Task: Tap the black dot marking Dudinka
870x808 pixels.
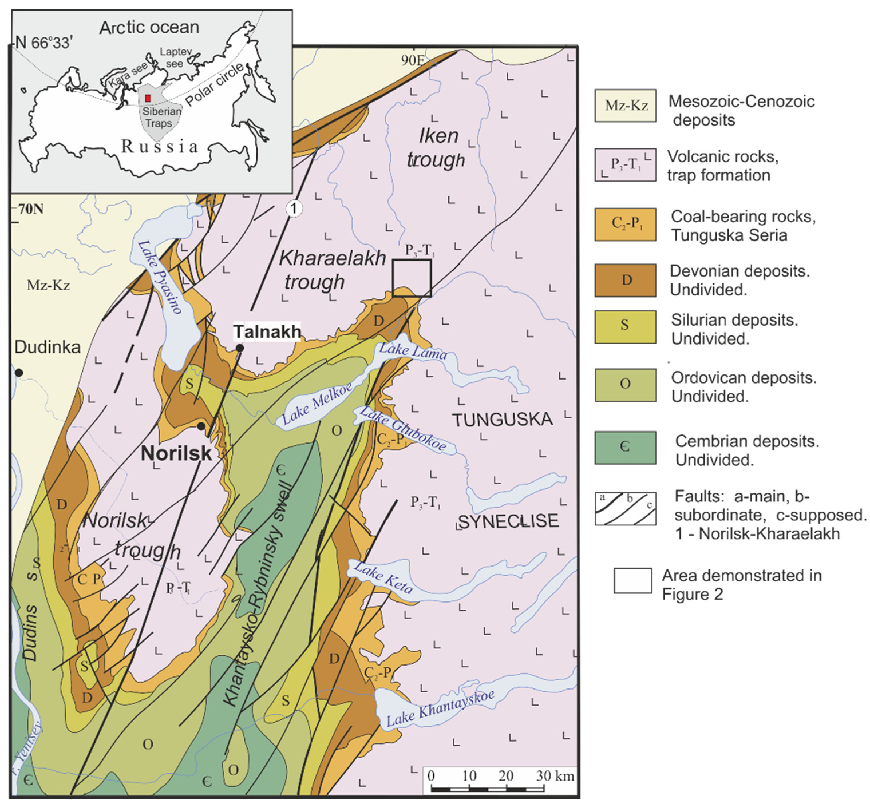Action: [19, 372]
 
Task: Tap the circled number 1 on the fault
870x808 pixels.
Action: [294, 208]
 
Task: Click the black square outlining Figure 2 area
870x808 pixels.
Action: [412, 278]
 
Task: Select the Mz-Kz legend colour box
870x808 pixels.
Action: [625, 105]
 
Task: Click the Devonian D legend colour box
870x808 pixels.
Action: [625, 280]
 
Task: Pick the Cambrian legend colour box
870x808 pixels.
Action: [625, 447]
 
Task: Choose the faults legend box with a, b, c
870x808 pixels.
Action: [625, 509]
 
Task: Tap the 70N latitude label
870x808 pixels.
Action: [31, 209]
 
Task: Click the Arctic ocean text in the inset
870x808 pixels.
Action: [149, 27]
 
